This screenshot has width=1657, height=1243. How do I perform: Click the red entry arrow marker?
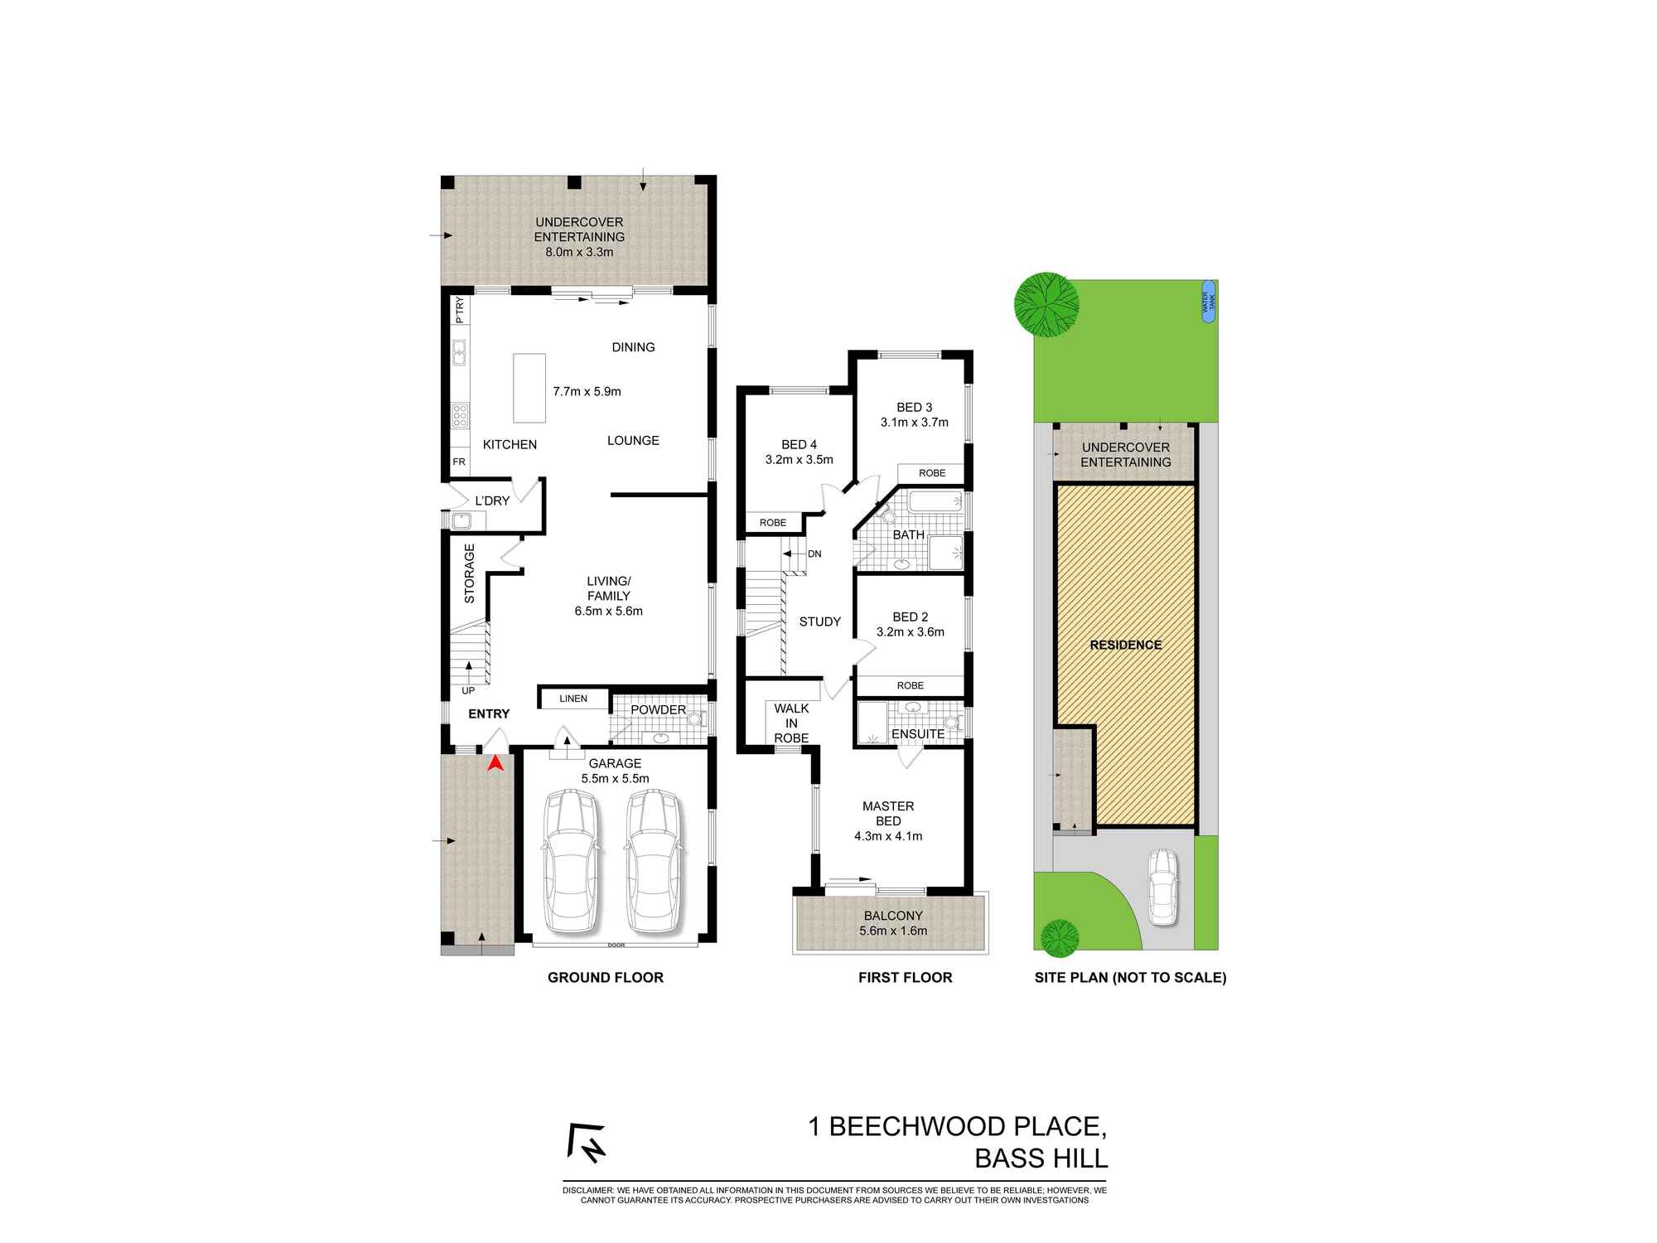(x=495, y=763)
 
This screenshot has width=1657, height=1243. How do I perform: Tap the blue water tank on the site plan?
(x=1208, y=302)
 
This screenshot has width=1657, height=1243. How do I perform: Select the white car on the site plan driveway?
(x=1162, y=888)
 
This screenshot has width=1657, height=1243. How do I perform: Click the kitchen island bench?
(x=529, y=388)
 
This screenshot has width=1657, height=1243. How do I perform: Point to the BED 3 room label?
(x=914, y=407)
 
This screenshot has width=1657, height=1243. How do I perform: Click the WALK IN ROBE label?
(x=791, y=723)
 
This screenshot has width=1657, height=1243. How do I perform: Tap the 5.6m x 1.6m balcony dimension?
(x=893, y=931)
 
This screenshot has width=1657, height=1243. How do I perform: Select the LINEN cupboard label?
(x=573, y=699)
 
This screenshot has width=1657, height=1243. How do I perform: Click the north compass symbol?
(x=587, y=1143)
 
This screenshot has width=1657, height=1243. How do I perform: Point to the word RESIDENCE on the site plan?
(x=1125, y=645)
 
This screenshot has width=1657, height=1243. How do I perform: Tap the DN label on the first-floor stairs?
(x=814, y=554)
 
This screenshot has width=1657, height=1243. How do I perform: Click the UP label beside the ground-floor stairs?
(x=468, y=690)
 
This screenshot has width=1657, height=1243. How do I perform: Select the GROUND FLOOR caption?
(x=605, y=978)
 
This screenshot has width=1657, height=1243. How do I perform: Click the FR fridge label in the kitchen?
(x=458, y=462)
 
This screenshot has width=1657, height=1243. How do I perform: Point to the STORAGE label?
(x=469, y=573)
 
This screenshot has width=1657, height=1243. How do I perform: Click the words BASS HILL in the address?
(x=1041, y=1158)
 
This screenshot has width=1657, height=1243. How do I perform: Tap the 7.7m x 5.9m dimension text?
(x=587, y=391)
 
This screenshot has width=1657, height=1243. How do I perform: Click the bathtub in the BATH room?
(x=934, y=501)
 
